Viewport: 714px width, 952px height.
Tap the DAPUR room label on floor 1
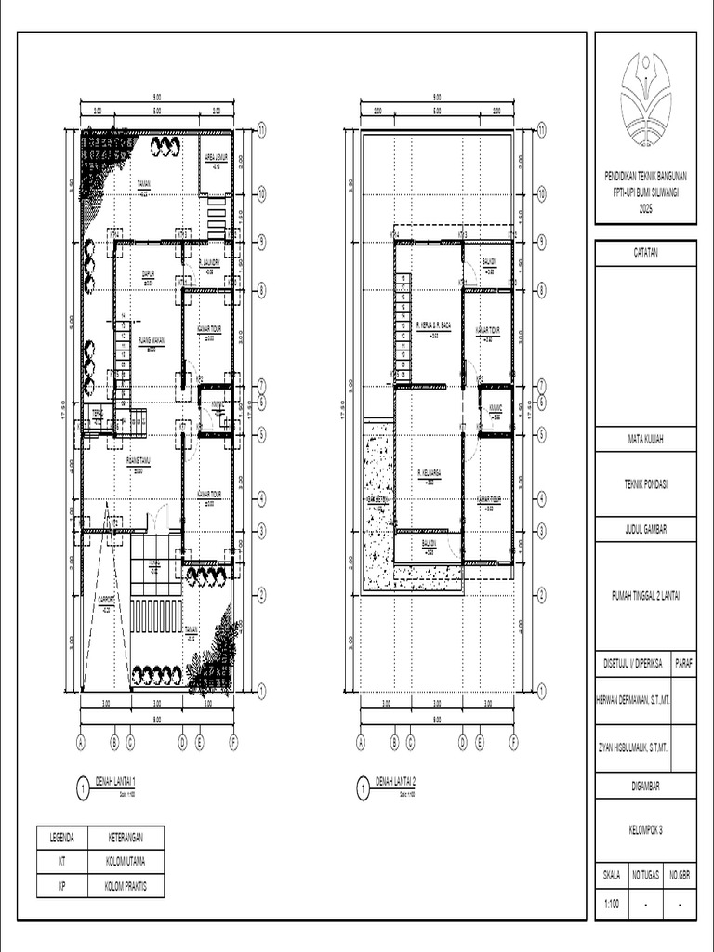tap(147, 273)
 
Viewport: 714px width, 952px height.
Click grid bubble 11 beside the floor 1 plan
tap(262, 131)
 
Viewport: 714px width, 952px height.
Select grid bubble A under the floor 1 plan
tap(81, 742)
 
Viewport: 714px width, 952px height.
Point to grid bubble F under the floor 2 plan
tap(513, 742)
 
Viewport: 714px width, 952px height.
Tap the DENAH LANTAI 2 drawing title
tap(395, 781)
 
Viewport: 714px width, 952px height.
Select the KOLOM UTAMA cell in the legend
tap(126, 862)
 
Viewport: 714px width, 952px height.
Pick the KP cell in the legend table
tap(61, 886)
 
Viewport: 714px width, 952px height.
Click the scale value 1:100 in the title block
tap(614, 904)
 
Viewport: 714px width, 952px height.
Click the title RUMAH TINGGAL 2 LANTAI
tap(645, 595)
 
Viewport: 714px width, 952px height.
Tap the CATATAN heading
tap(645, 253)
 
